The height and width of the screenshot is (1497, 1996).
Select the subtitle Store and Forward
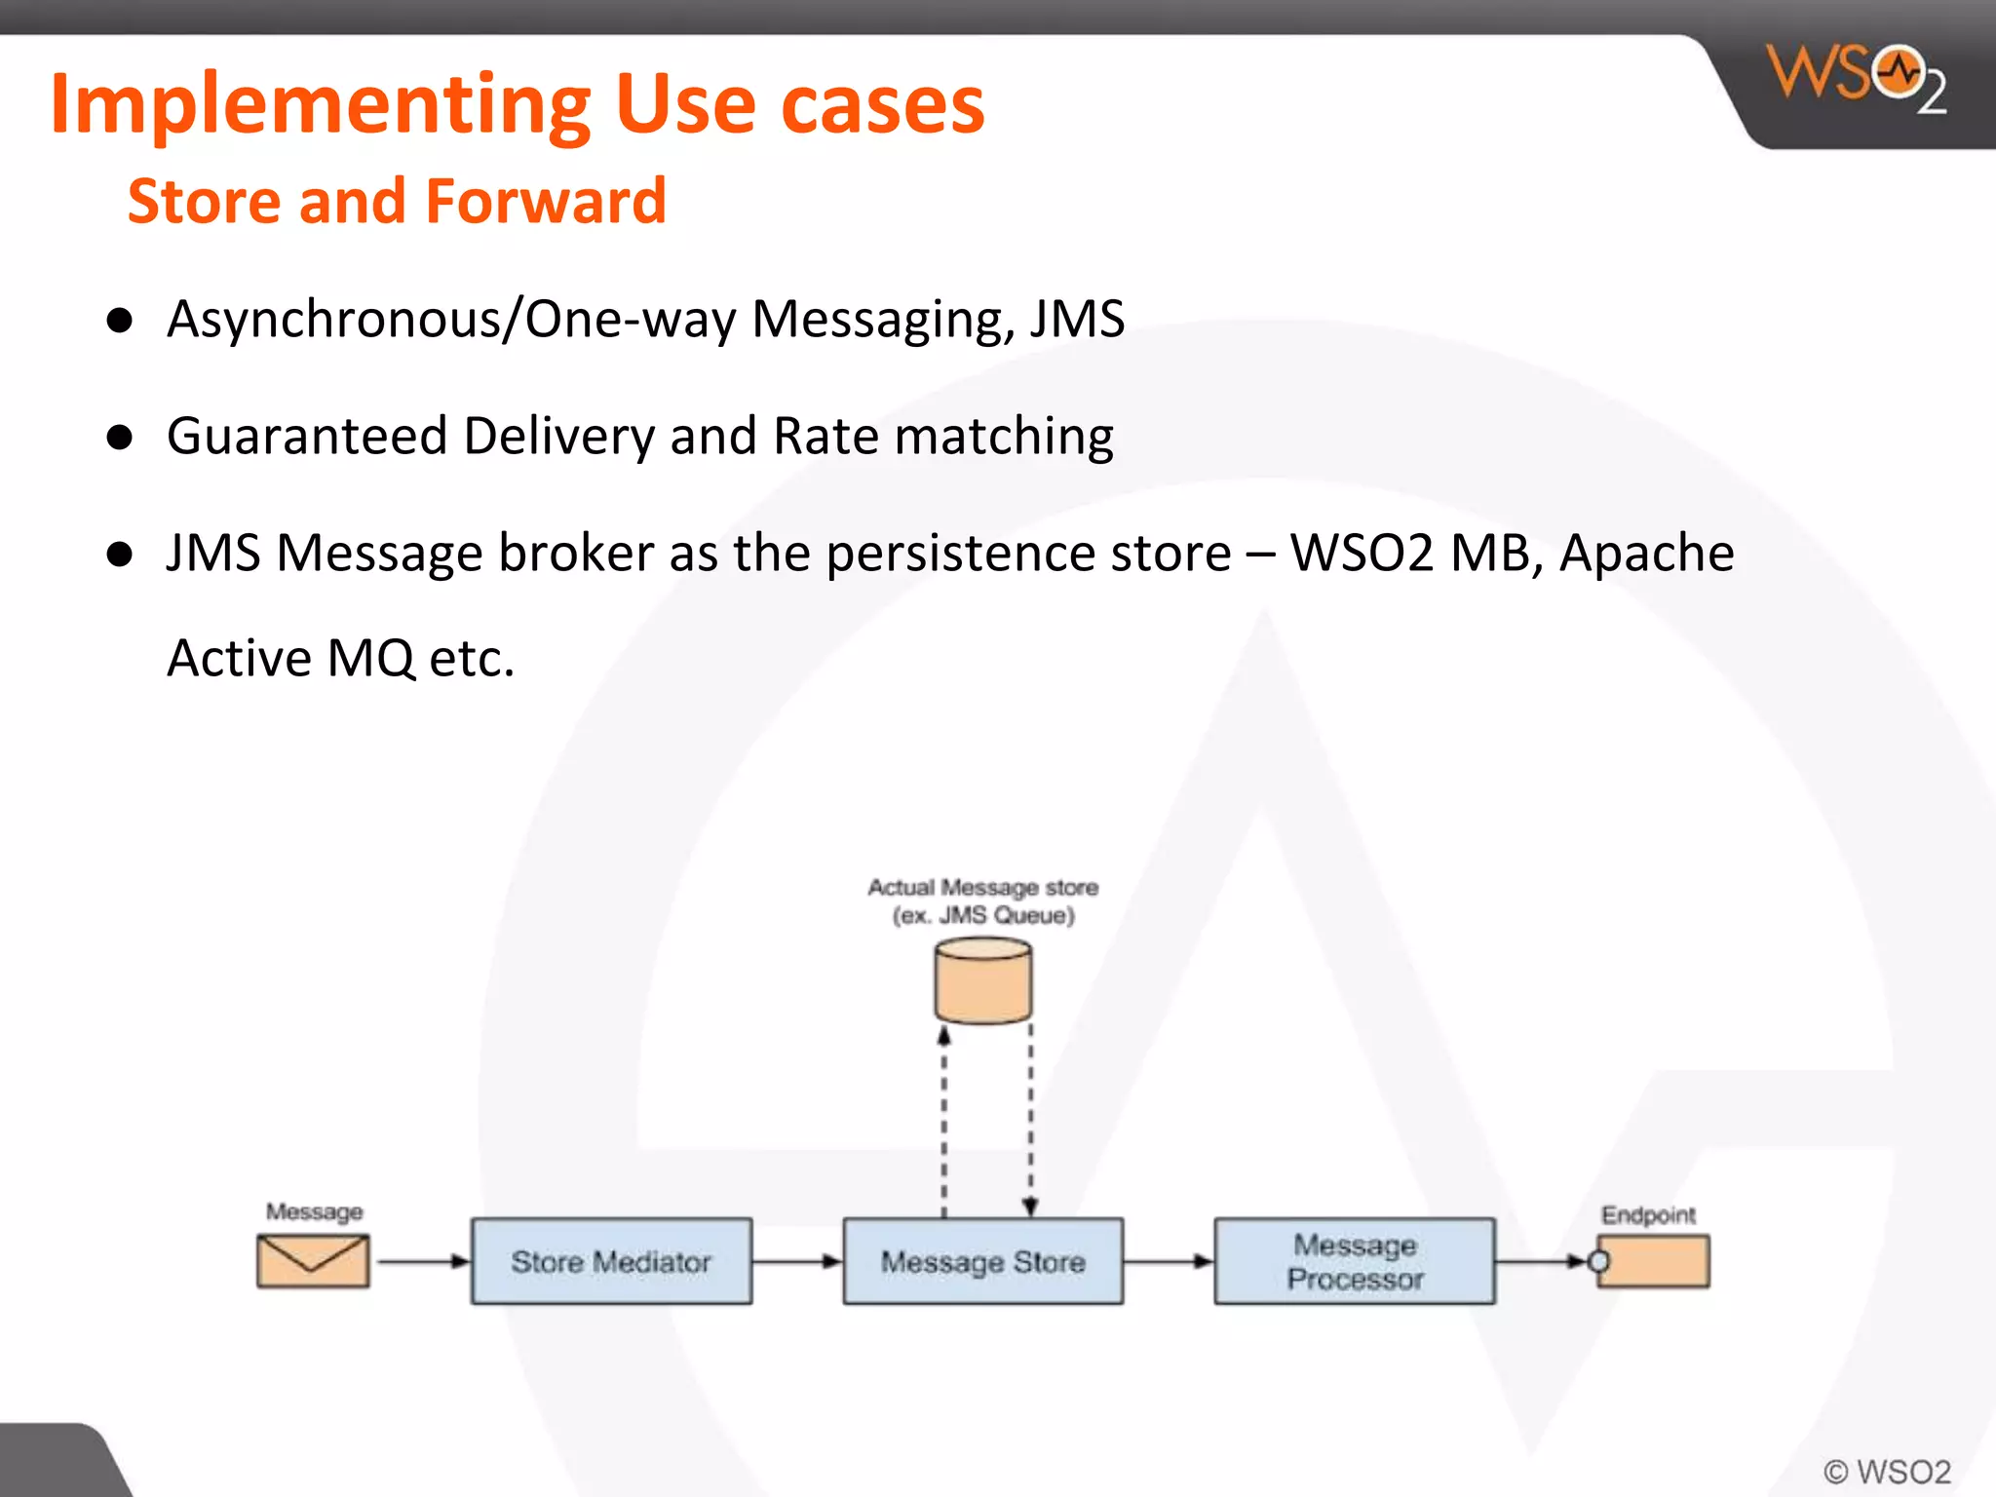coord(397,201)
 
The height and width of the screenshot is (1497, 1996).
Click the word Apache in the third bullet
coord(1646,553)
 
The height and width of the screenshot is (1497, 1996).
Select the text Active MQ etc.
coord(340,658)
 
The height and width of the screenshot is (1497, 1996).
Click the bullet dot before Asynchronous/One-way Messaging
coord(120,321)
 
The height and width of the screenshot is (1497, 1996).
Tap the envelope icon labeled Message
coord(313,1260)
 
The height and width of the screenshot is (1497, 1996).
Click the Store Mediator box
coord(611,1261)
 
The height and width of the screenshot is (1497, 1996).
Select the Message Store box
coord(982,1261)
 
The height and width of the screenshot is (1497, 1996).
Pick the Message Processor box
coord(1354,1261)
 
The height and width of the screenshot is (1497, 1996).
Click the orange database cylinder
coord(982,980)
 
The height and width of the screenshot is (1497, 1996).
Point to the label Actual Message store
coord(982,887)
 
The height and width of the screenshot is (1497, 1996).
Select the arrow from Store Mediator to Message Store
coord(796,1261)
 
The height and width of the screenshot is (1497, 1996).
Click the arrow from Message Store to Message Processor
coord(1168,1261)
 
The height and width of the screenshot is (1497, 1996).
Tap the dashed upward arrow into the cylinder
coord(943,1121)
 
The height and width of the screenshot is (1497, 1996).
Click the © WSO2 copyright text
coord(1887,1471)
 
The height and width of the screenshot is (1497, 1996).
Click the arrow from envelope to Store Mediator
coord(421,1261)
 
